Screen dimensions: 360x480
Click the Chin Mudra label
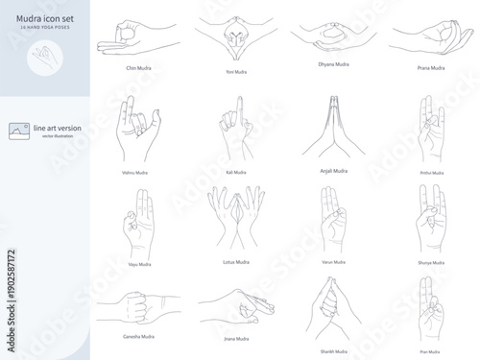point(138,68)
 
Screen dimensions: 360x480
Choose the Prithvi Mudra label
point(431,173)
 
